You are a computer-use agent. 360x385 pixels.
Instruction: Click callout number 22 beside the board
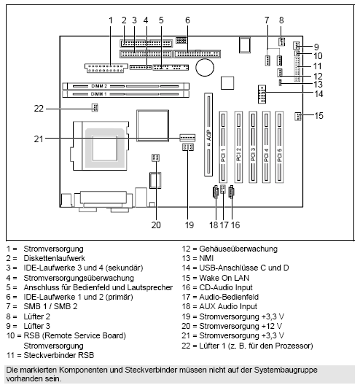pyautogui.click(x=39, y=109)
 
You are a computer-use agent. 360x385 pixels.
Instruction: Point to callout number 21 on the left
pyautogui.click(x=39, y=138)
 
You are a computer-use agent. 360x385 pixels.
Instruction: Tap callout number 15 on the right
pyautogui.click(x=319, y=116)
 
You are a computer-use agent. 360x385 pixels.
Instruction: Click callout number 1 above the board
pyautogui.click(x=111, y=19)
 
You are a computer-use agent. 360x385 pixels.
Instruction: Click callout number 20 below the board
pyautogui.click(x=155, y=225)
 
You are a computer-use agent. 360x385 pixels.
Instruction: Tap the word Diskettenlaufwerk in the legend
pyautogui.click(x=54, y=258)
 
